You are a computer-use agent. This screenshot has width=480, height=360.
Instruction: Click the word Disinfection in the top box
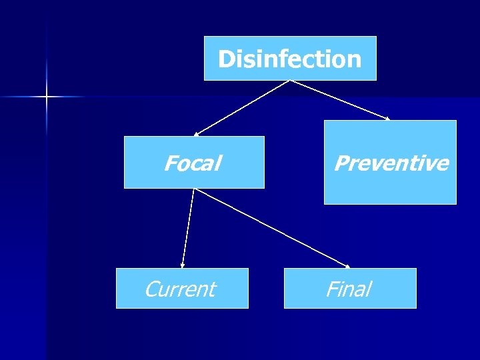pyautogui.click(x=289, y=59)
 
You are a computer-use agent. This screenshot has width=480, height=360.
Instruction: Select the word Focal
pyautogui.click(x=193, y=163)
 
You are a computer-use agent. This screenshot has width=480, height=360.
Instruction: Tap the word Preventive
pyautogui.click(x=391, y=163)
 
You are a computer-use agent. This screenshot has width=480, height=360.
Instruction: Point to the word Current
pyautogui.click(x=180, y=289)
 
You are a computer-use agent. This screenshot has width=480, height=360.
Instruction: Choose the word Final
pyautogui.click(x=348, y=289)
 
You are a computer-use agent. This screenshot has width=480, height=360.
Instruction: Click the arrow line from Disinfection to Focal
pyautogui.click(x=242, y=108)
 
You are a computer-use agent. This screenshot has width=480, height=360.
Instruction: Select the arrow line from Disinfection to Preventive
pyautogui.click(x=340, y=101)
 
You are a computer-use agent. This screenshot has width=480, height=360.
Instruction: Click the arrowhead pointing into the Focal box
pyautogui.click(x=196, y=134)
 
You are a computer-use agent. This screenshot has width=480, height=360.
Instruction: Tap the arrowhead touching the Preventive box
pyautogui.click(x=388, y=119)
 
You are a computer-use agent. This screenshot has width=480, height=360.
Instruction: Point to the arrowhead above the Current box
pyautogui.click(x=182, y=266)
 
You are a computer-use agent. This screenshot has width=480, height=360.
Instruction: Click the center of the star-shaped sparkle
pyautogui.click(x=47, y=97)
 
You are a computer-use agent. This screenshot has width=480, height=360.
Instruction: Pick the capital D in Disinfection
pyautogui.click(x=225, y=59)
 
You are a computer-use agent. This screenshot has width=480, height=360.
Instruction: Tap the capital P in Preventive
pyautogui.click(x=341, y=163)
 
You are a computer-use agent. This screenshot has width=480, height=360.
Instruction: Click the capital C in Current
pyautogui.click(x=152, y=289)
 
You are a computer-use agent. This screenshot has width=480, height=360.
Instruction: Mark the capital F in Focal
pyautogui.click(x=171, y=163)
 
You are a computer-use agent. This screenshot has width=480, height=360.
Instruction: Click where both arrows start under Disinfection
pyautogui.click(x=290, y=81)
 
